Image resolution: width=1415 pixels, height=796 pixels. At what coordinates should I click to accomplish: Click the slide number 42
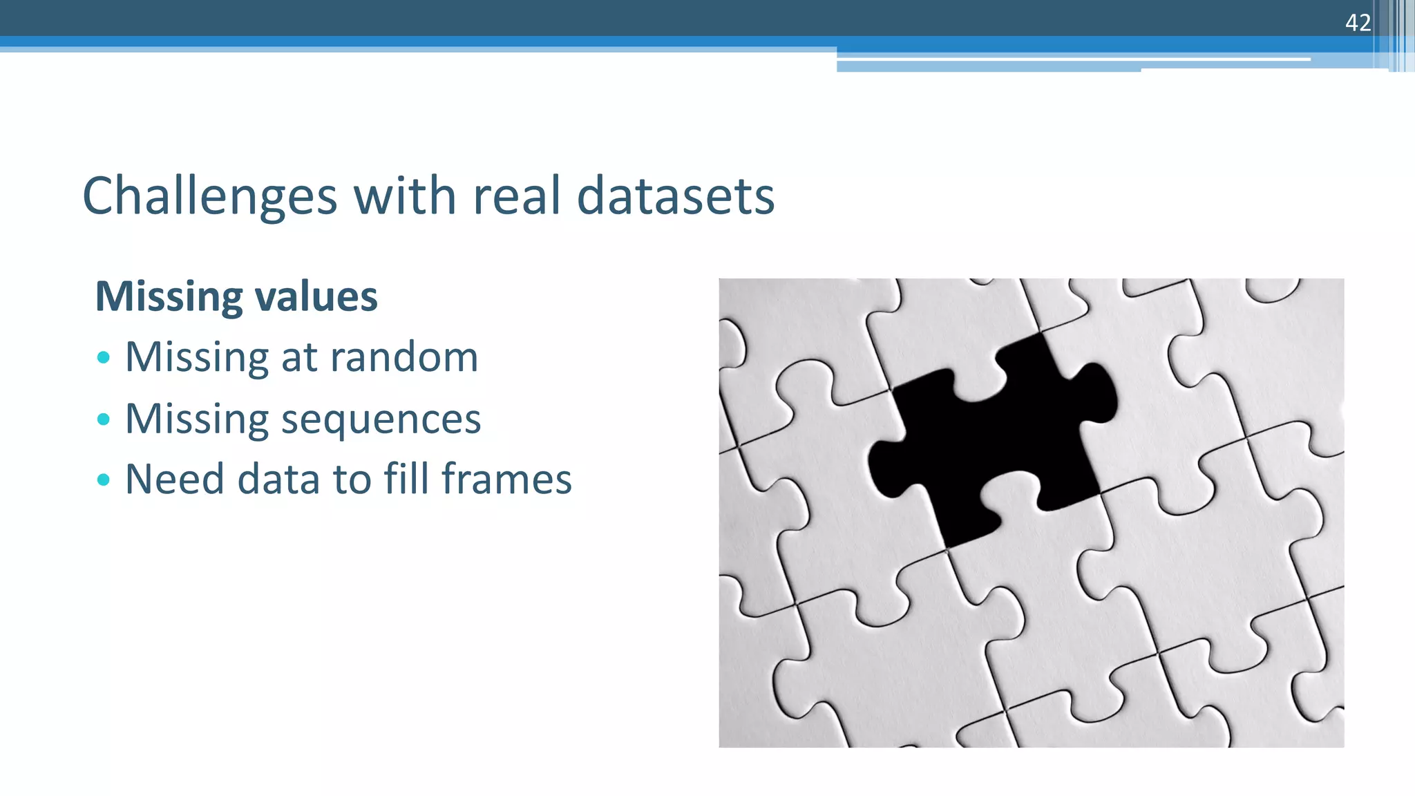click(1357, 23)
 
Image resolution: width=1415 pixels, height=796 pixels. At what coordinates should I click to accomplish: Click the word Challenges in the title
click(209, 197)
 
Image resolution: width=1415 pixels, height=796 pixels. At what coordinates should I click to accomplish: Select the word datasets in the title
click(675, 196)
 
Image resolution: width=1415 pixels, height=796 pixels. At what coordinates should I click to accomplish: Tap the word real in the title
click(515, 196)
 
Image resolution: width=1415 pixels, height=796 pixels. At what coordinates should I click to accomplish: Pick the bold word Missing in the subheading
click(169, 298)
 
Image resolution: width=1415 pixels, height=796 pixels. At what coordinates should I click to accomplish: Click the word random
click(403, 357)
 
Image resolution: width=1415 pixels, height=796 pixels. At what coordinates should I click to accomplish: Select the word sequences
click(381, 420)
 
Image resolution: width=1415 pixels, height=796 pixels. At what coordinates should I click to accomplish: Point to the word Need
click(174, 479)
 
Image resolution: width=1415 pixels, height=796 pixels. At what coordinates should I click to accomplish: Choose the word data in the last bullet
click(278, 479)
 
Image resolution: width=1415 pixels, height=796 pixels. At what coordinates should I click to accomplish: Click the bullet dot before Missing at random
click(104, 357)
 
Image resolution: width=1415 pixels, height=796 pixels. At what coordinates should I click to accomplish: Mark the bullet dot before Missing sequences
click(104, 419)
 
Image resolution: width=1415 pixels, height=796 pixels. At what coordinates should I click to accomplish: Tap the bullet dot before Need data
click(104, 479)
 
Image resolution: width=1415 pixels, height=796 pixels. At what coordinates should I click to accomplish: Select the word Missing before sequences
click(196, 420)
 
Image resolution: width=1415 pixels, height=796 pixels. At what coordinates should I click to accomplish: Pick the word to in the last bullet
click(351, 479)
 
